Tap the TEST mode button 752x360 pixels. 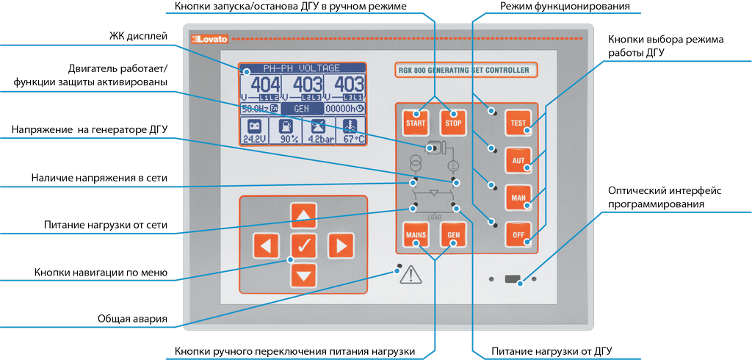click(x=518, y=123)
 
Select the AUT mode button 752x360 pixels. click(x=518, y=159)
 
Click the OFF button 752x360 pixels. click(x=518, y=234)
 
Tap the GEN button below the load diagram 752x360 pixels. click(x=453, y=235)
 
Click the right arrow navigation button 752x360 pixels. click(x=339, y=245)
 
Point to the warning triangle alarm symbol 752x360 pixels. click(x=411, y=274)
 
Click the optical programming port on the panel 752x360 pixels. click(x=513, y=279)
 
